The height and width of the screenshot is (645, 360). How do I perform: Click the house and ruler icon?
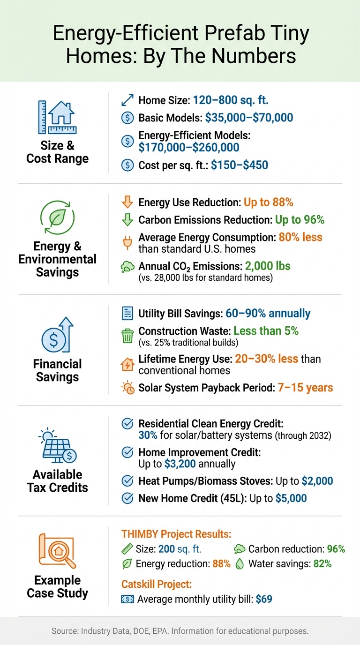pos(57,117)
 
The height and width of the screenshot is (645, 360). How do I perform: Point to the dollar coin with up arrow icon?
pos(57,335)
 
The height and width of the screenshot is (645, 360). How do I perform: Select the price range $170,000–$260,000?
pos(189,148)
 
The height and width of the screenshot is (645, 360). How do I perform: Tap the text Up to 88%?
pos(268,202)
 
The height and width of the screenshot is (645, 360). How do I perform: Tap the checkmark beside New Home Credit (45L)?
pos(127,498)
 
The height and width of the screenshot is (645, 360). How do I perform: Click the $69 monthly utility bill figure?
pos(264,599)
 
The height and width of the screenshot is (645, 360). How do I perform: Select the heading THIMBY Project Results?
pos(176,534)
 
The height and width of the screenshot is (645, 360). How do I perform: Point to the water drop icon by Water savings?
pos(240,564)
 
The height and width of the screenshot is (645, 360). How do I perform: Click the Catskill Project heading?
pos(156,584)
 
